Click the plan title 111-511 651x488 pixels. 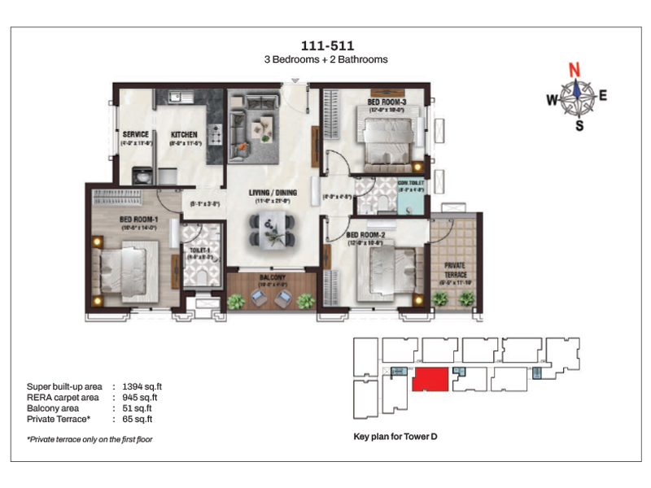pyautogui.click(x=326, y=45)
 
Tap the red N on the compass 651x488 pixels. pyautogui.click(x=575, y=70)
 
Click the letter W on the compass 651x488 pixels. pyautogui.click(x=551, y=100)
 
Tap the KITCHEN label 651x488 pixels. pyautogui.click(x=185, y=135)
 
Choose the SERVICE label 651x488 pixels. pyautogui.click(x=135, y=135)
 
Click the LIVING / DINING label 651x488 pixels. pyautogui.click(x=273, y=193)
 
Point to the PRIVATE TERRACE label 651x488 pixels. pyautogui.click(x=455, y=269)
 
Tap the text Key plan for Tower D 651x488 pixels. pyautogui.click(x=395, y=437)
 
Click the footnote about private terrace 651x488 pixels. pyautogui.click(x=90, y=439)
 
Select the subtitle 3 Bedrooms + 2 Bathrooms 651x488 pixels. pyautogui.click(x=326, y=59)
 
